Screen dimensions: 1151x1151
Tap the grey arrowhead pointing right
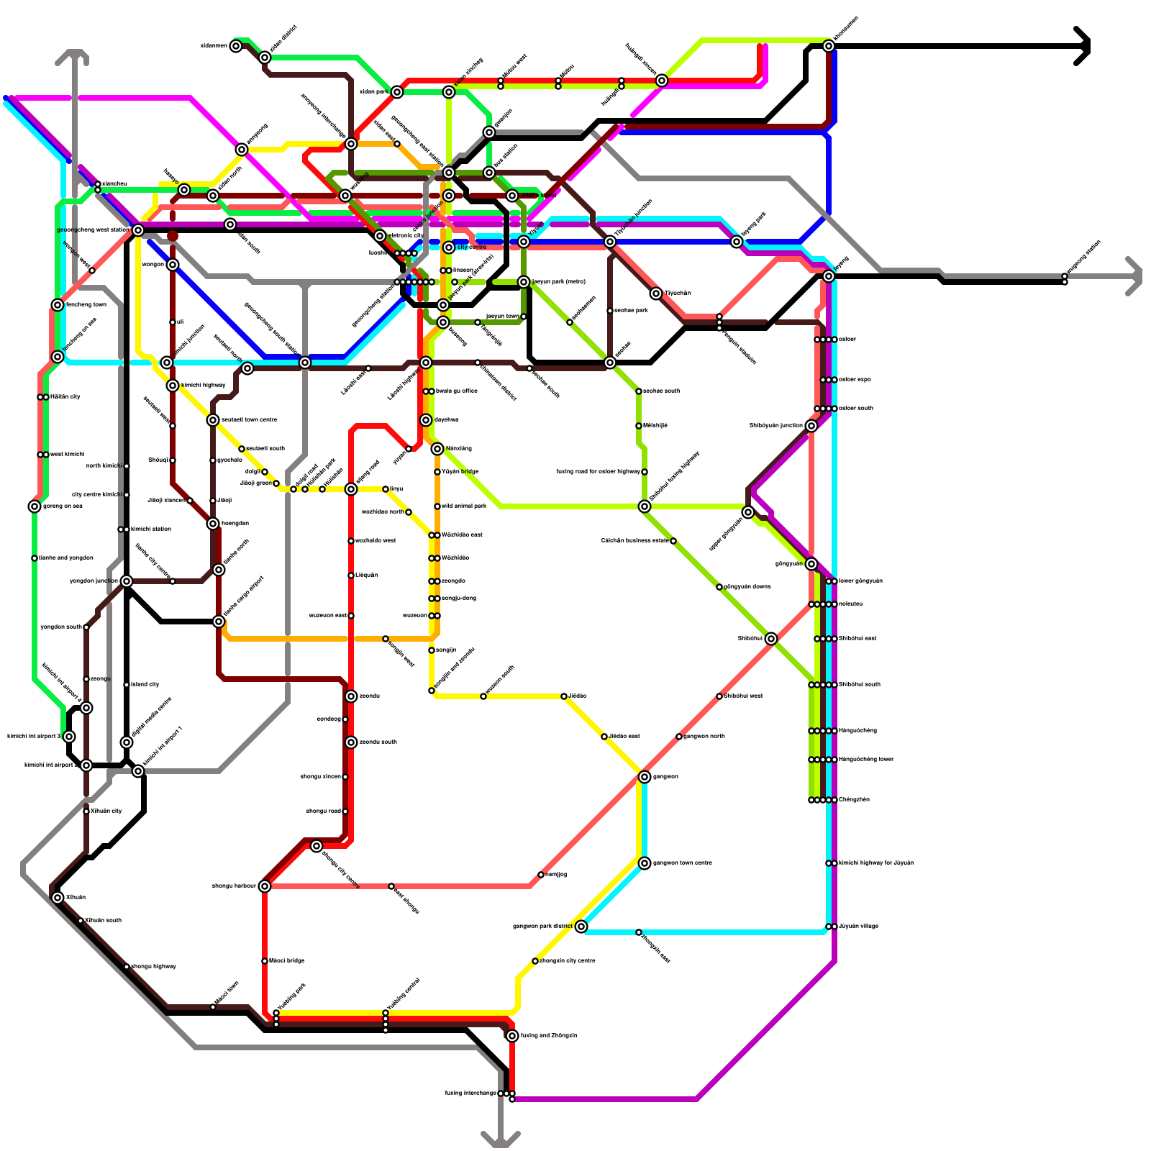(1136, 276)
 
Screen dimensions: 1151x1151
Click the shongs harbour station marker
(265, 886)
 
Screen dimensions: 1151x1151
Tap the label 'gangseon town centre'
(682, 863)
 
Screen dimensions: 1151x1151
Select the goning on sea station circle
(35, 506)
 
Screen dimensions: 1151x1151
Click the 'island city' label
(145, 685)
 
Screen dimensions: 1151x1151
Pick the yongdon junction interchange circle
(127, 581)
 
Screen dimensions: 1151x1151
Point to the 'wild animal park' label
(464, 506)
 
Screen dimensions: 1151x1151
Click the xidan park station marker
(397, 92)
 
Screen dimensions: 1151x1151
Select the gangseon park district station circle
(581, 927)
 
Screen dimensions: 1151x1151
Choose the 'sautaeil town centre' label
(249, 420)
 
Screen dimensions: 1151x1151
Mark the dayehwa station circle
(426, 420)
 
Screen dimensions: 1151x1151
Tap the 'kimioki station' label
(150, 529)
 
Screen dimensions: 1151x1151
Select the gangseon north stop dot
(679, 737)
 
